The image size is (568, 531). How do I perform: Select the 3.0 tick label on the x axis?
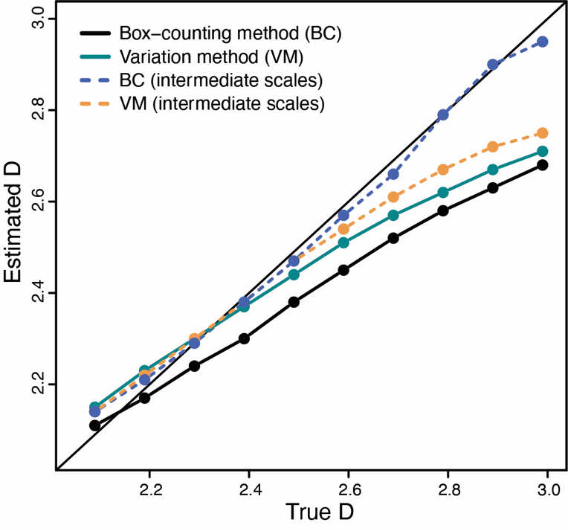(547, 490)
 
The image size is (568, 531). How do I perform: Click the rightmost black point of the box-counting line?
(542, 165)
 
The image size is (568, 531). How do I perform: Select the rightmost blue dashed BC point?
(542, 42)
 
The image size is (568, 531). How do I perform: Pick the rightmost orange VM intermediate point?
(542, 133)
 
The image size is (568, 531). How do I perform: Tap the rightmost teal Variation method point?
(542, 152)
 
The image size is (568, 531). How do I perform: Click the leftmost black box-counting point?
(94, 425)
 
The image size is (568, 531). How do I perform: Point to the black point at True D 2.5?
(294, 302)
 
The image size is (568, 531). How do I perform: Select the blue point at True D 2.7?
(393, 174)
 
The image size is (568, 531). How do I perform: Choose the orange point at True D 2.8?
(443, 170)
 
